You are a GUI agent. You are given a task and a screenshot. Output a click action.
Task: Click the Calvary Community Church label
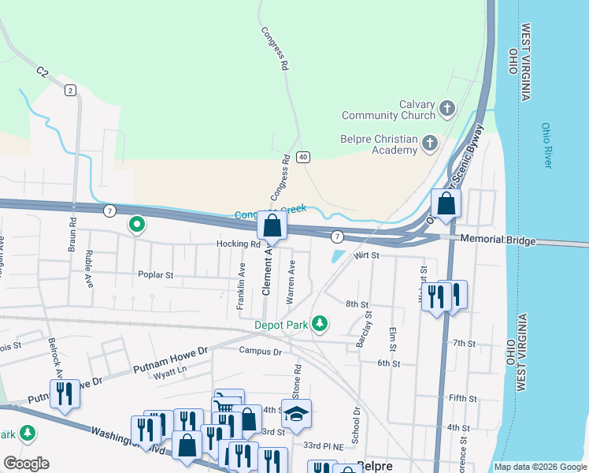[389, 110]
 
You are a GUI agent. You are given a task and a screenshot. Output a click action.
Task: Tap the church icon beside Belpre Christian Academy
[430, 143]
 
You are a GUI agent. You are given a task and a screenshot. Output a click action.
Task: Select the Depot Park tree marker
[319, 323]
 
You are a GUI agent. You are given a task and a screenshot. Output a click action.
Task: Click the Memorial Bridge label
[498, 240]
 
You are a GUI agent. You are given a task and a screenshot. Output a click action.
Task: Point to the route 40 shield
[303, 157]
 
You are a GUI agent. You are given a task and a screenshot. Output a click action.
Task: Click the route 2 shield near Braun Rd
[70, 90]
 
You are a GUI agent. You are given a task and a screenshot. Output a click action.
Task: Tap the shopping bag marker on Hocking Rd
[272, 226]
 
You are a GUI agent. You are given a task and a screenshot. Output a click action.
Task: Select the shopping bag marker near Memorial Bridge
[446, 203]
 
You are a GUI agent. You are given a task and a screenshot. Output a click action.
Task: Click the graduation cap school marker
[296, 415]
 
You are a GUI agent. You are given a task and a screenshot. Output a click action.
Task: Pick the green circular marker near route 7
[136, 225]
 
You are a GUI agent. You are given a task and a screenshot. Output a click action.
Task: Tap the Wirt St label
[367, 256]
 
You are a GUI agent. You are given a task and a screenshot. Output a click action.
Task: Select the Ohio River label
[547, 145]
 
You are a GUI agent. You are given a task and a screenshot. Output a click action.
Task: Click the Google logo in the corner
[26, 464]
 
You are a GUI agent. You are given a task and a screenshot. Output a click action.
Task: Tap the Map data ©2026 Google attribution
[539, 467]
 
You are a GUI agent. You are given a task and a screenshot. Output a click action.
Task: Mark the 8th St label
[357, 304]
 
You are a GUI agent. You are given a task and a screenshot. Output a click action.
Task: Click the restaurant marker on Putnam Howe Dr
[64, 394]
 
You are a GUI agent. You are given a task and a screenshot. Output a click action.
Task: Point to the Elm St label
[392, 340]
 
